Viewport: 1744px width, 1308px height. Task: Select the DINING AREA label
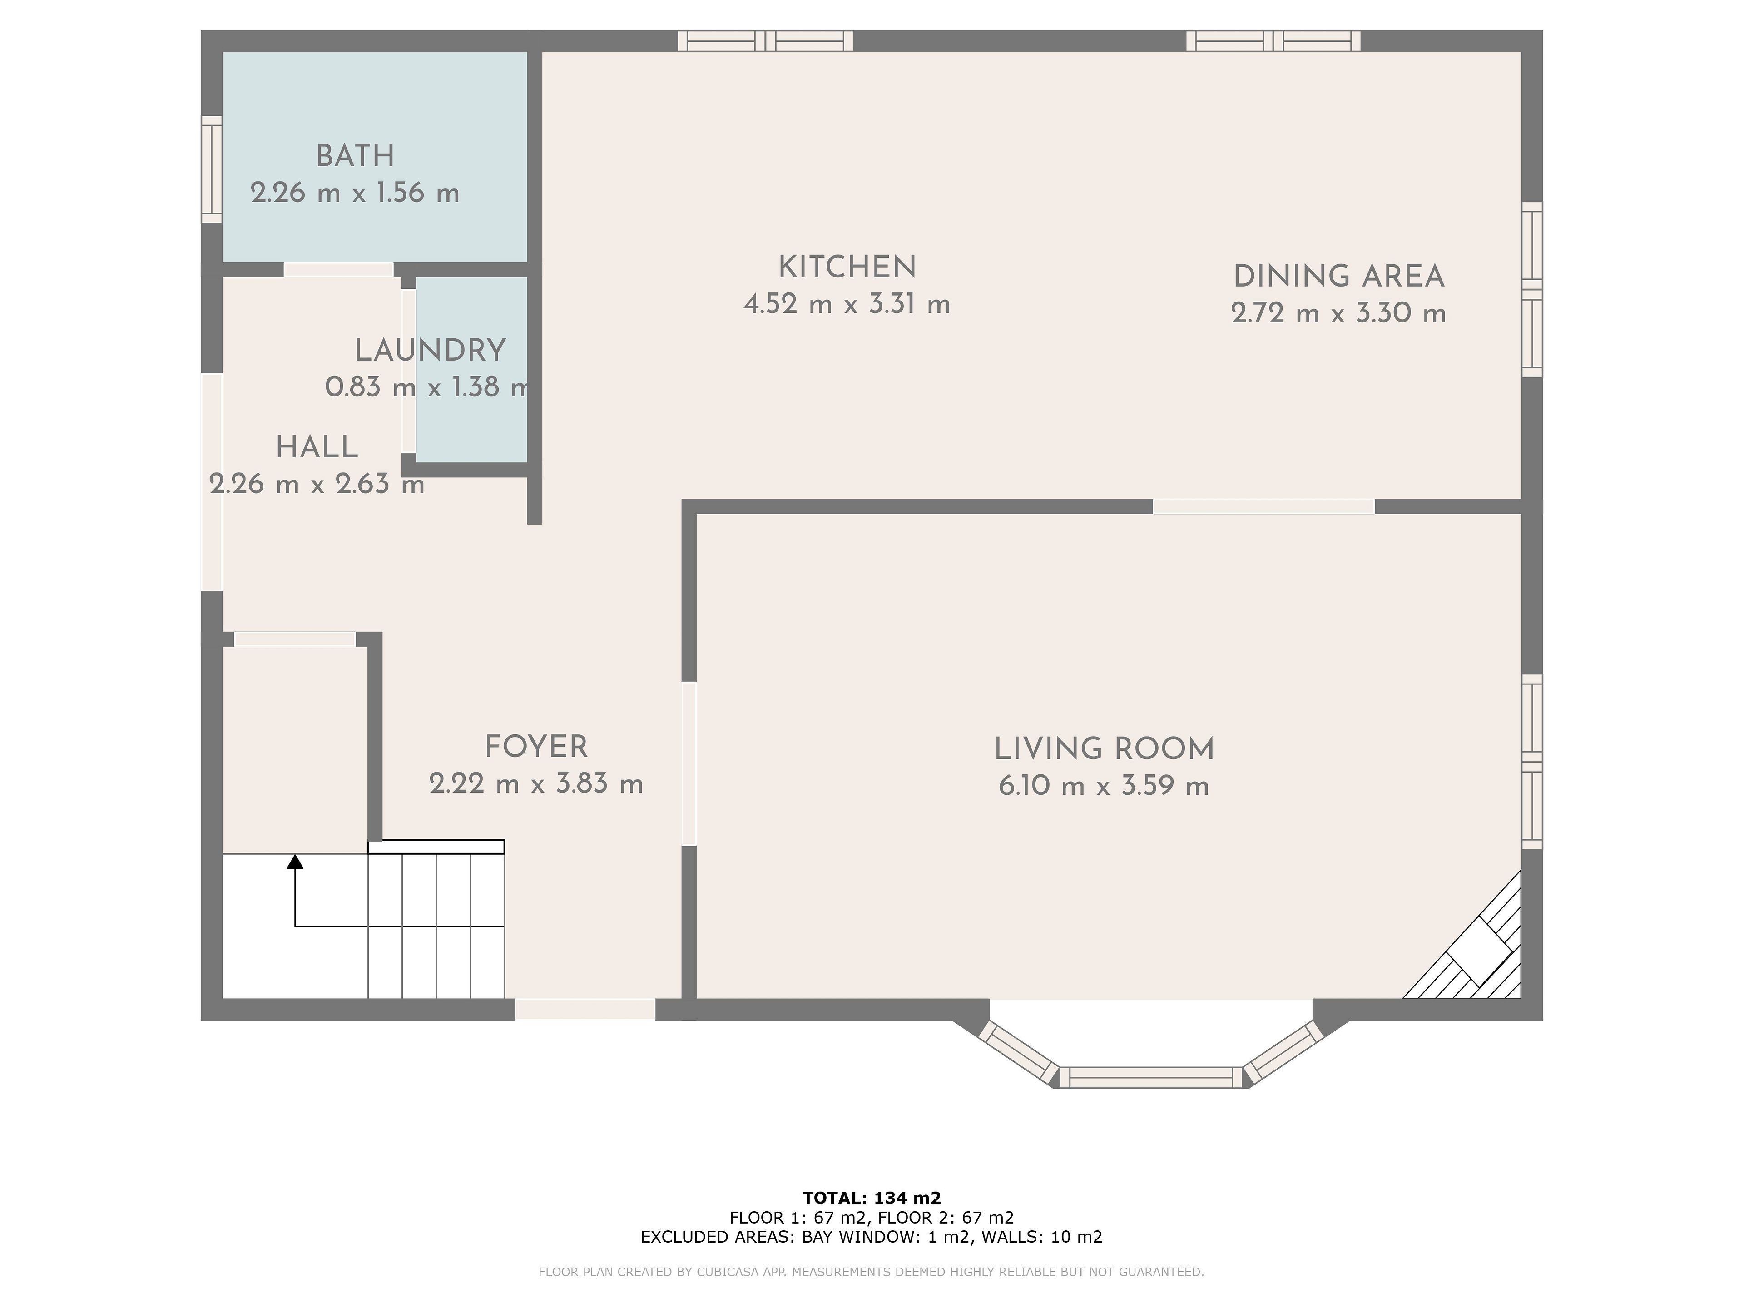pyautogui.click(x=1339, y=277)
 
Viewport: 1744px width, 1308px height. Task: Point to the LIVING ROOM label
pyautogui.click(x=1104, y=749)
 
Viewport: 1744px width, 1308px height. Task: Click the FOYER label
pyautogui.click(x=536, y=747)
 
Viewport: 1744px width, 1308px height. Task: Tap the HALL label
pyautogui.click(x=317, y=448)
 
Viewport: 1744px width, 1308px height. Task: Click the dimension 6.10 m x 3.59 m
pyautogui.click(x=1104, y=786)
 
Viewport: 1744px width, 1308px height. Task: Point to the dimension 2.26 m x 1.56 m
pyautogui.click(x=355, y=193)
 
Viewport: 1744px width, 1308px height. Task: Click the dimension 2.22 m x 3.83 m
pyautogui.click(x=536, y=784)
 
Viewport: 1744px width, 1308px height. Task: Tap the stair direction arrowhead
pyautogui.click(x=295, y=861)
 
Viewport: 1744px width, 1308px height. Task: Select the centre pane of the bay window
pyautogui.click(x=1151, y=1078)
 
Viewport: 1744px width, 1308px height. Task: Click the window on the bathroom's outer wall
pyautogui.click(x=211, y=169)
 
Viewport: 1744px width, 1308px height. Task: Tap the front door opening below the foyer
pyautogui.click(x=585, y=1009)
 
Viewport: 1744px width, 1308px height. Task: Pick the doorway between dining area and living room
pyautogui.click(x=1264, y=506)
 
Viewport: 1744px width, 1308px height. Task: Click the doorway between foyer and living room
pyautogui.click(x=689, y=763)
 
